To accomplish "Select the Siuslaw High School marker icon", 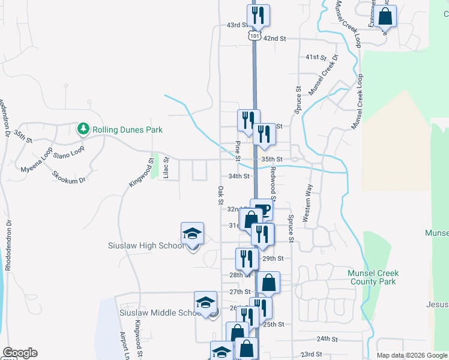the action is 193,233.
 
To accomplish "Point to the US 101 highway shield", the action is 254,36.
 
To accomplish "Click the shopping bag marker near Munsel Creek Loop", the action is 385,16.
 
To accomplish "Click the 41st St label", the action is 315,57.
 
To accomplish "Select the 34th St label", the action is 238,176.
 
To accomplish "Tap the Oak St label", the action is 220,194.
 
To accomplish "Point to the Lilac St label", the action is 167,167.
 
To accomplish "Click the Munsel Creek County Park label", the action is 373,277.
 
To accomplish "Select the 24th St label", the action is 328,338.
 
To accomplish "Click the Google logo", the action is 19,353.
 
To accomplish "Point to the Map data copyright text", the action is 411,355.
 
